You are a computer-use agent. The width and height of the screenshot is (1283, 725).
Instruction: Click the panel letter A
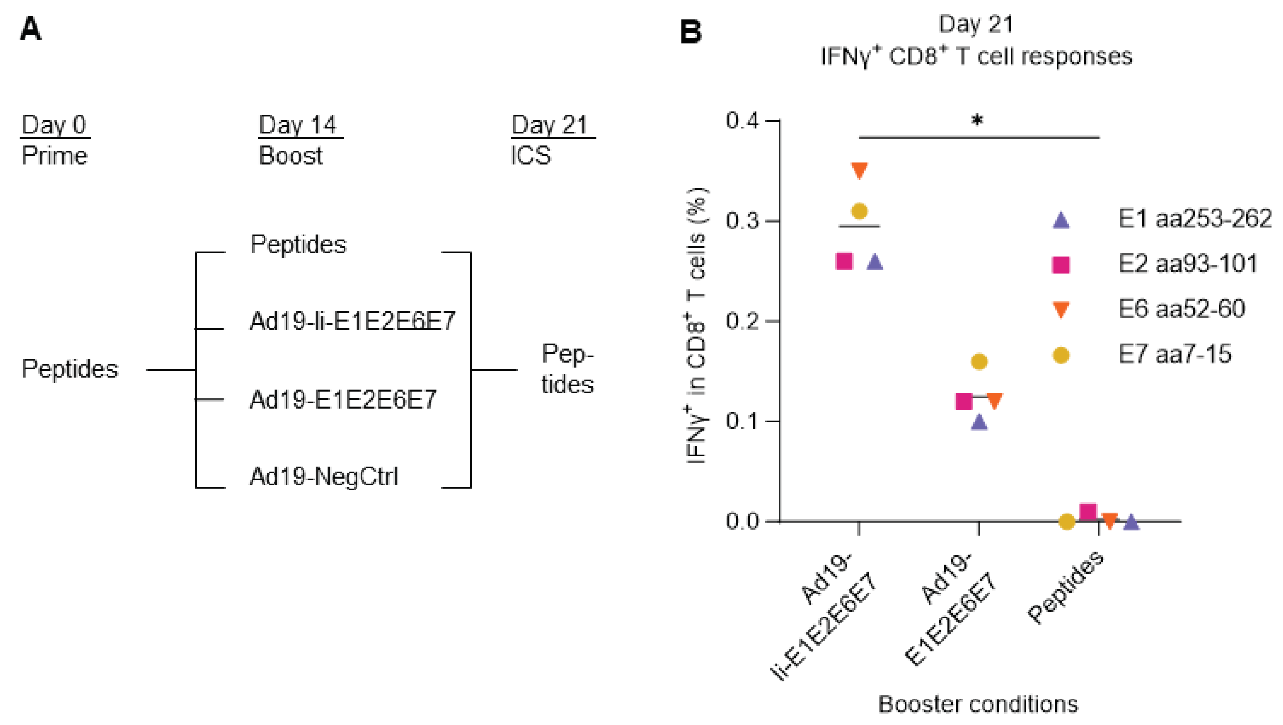30,29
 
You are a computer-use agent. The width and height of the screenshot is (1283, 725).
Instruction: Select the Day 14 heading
298,125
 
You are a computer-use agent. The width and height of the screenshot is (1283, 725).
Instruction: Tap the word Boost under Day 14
291,156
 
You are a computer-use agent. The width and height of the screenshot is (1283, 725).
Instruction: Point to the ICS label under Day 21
530,156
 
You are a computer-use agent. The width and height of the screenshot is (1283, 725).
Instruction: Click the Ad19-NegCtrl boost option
324,476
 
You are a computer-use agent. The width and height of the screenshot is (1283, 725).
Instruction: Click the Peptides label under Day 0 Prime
70,369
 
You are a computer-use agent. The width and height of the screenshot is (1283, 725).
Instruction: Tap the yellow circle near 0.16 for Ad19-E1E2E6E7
979,362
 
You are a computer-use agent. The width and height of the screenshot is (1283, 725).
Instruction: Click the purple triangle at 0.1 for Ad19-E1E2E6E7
979,423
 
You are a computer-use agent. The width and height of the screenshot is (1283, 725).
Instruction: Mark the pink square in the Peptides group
1088,512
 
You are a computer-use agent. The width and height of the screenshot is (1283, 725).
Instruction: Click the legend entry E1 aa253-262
1195,219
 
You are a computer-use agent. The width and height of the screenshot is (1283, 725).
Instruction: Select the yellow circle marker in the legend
1061,355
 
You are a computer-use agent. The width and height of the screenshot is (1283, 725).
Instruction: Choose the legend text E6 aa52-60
1182,309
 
